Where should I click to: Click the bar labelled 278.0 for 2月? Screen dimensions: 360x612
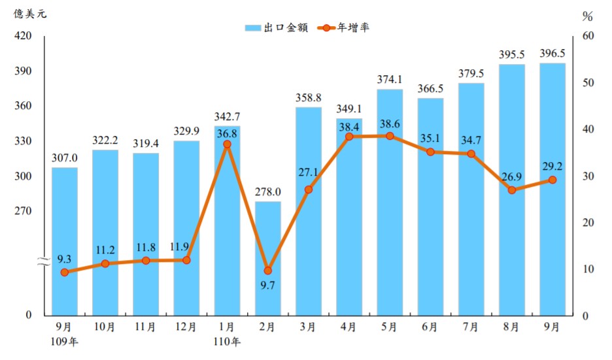tap(267, 258)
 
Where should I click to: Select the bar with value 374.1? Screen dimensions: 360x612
tap(390, 203)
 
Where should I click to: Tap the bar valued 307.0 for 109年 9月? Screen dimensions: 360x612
tap(64, 242)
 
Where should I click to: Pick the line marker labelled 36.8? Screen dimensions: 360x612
tap(227, 144)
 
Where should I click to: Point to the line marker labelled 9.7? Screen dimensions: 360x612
tap(267, 270)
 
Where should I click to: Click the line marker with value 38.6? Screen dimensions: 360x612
tap(390, 136)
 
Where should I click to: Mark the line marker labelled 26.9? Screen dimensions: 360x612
tap(512, 190)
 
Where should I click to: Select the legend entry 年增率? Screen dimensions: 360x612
tap(345, 27)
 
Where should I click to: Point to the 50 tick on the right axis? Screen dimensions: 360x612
tap(587, 83)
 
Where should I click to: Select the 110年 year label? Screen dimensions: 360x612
tap(227, 340)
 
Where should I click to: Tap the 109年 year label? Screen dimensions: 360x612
tap(64, 340)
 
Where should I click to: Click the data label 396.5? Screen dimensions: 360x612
tap(552, 54)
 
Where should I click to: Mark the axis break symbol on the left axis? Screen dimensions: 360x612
tap(42, 262)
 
